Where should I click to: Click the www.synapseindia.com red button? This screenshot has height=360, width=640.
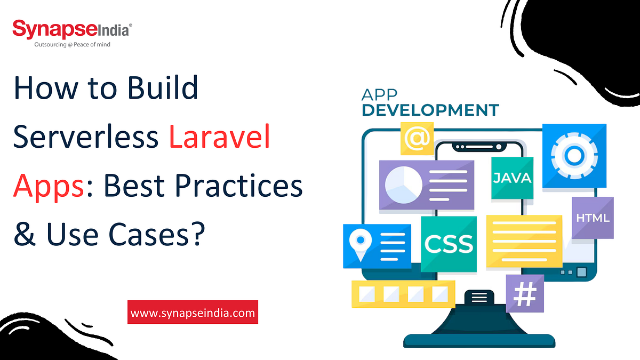(x=193, y=313)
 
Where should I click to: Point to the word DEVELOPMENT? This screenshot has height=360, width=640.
(x=430, y=110)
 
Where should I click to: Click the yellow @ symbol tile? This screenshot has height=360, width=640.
(x=417, y=138)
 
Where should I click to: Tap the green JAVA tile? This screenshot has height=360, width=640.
(x=512, y=178)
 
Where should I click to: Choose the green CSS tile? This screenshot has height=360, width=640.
(x=449, y=243)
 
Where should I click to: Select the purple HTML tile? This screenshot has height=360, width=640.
(x=593, y=218)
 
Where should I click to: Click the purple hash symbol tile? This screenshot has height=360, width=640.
(x=524, y=293)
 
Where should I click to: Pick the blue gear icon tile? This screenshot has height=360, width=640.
(x=574, y=155)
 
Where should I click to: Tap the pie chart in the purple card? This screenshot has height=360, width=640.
(x=404, y=185)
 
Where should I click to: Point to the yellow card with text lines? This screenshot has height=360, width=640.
(x=524, y=240)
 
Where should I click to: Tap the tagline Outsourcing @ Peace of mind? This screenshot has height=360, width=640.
(x=72, y=45)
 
